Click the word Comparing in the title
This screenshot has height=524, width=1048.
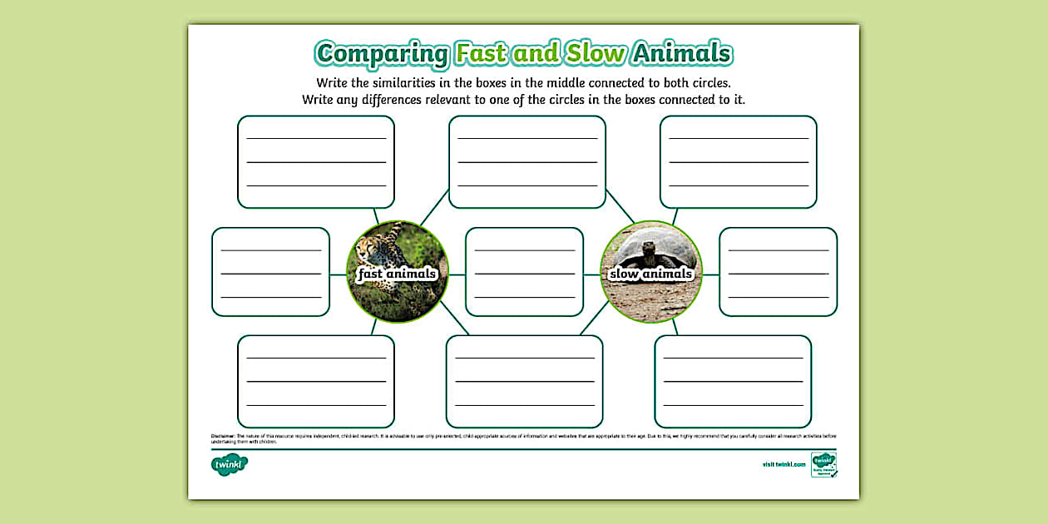382,54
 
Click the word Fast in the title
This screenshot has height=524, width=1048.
480,54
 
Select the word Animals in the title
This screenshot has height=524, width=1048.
681,54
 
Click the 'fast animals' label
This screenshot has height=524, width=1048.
397,274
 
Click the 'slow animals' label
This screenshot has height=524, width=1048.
650,274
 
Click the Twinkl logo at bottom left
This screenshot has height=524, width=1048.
230,465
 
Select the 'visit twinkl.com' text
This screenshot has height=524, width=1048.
784,465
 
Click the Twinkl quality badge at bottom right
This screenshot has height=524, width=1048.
823,465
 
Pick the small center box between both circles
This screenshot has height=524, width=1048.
524,272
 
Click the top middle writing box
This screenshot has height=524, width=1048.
526,161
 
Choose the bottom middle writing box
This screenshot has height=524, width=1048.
524,381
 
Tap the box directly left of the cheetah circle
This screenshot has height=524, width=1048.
270,272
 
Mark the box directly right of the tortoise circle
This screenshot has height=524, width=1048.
778,272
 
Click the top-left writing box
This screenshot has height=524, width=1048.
315,161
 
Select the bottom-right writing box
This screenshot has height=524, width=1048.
732,381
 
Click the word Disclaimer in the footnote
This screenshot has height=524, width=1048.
223,436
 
